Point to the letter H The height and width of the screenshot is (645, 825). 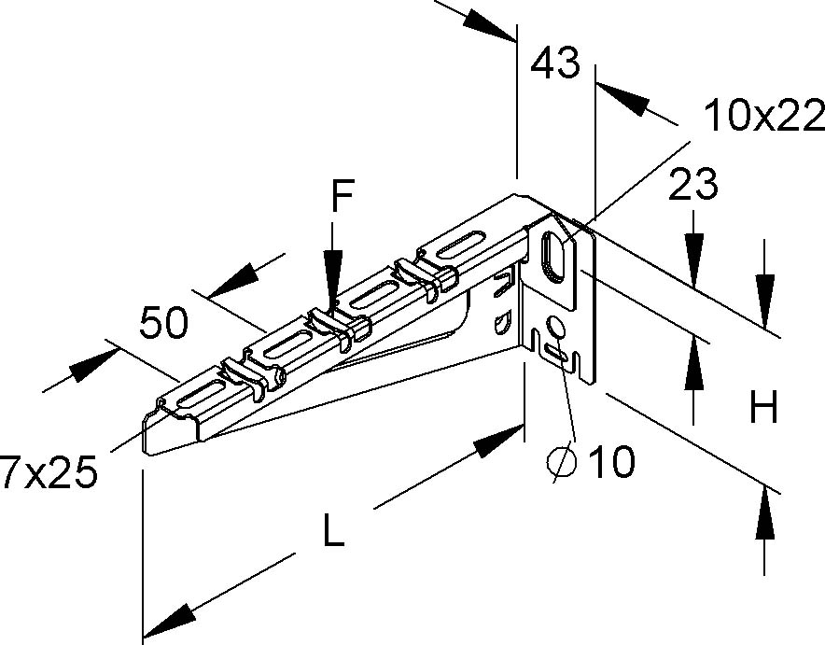tap(763, 408)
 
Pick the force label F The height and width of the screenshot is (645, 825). tap(342, 198)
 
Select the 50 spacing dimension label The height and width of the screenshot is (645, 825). tap(163, 322)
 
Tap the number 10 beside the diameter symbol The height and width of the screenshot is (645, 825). tap(611, 460)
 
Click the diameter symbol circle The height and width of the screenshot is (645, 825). tap(561, 461)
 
